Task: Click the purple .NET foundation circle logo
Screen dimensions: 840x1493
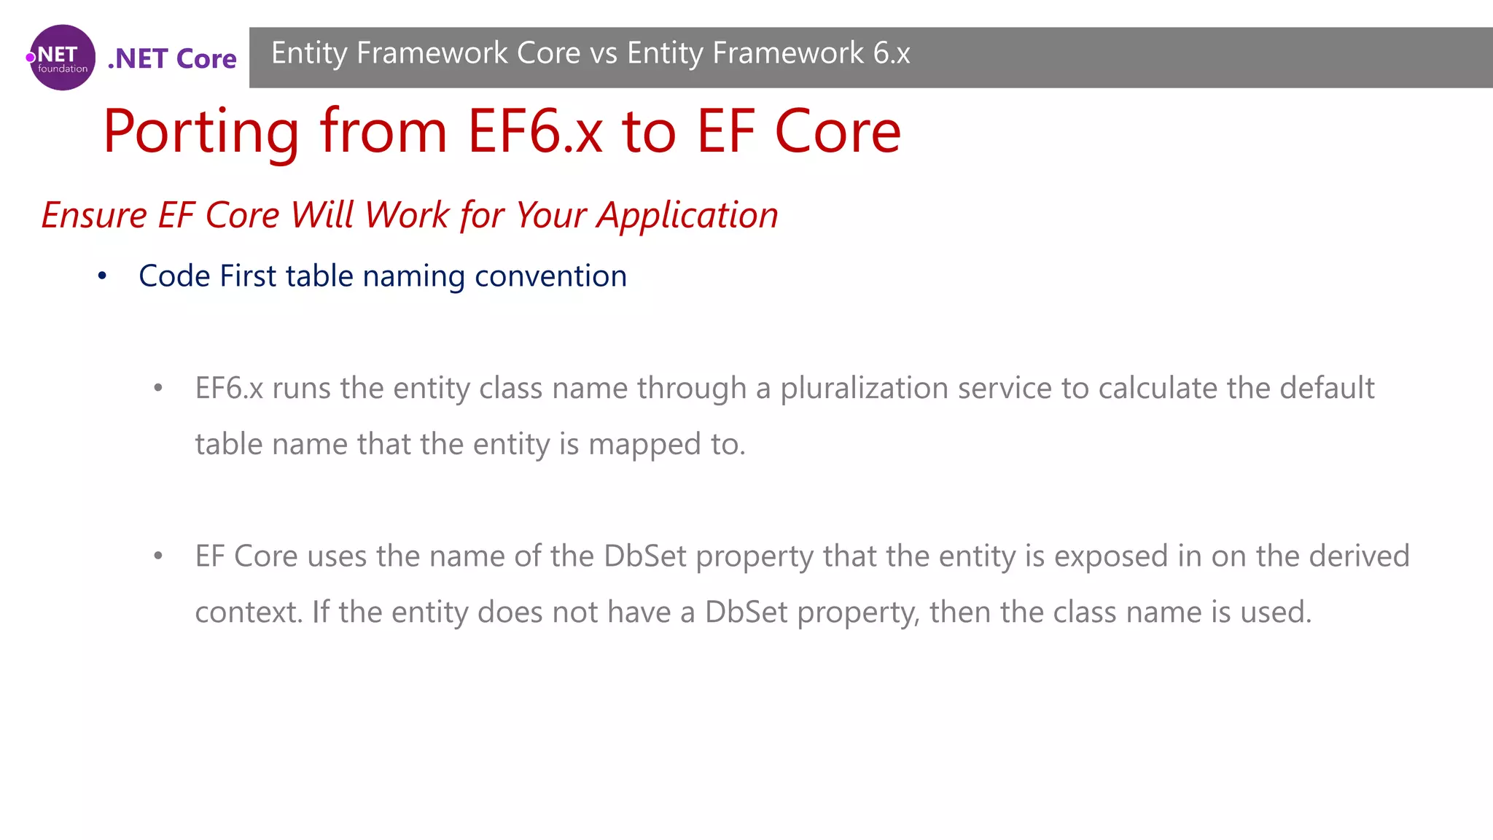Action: coord(63,58)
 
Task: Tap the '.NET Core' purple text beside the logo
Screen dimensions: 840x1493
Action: coord(172,58)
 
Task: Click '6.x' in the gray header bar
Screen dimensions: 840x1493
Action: coord(892,53)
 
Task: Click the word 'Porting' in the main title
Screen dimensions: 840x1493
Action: coord(201,132)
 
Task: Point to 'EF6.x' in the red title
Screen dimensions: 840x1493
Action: coord(535,132)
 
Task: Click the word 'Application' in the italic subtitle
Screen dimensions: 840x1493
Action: coord(687,215)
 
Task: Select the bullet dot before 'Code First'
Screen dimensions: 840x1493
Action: coord(103,276)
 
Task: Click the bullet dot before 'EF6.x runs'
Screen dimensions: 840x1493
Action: coord(158,389)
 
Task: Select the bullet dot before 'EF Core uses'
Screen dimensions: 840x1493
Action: coord(158,556)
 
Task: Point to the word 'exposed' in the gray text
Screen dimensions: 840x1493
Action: coord(1111,556)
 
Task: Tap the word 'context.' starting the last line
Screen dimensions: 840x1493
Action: coord(249,612)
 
